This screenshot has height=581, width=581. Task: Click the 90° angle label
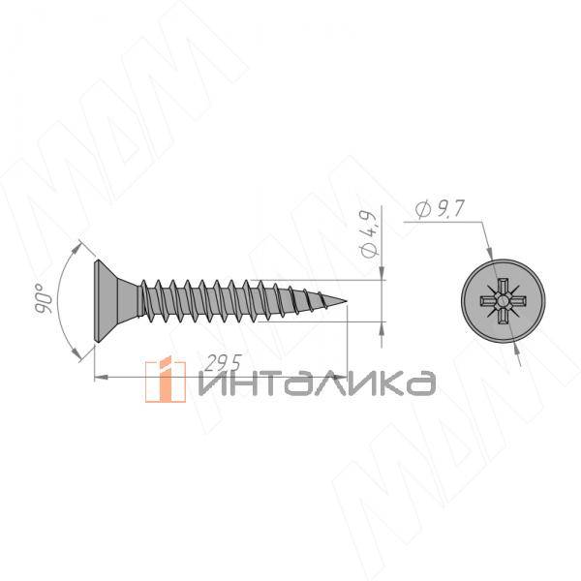(x=43, y=298)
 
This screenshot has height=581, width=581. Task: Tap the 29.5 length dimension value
(x=223, y=363)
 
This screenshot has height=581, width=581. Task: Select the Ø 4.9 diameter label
(x=369, y=234)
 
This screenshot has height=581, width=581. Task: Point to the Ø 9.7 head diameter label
(x=440, y=209)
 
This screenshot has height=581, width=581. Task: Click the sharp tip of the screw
(x=347, y=300)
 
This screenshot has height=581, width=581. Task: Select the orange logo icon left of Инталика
(x=166, y=379)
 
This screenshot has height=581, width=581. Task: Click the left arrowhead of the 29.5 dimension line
(x=101, y=378)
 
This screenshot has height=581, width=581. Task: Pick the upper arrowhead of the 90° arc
(x=76, y=249)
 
